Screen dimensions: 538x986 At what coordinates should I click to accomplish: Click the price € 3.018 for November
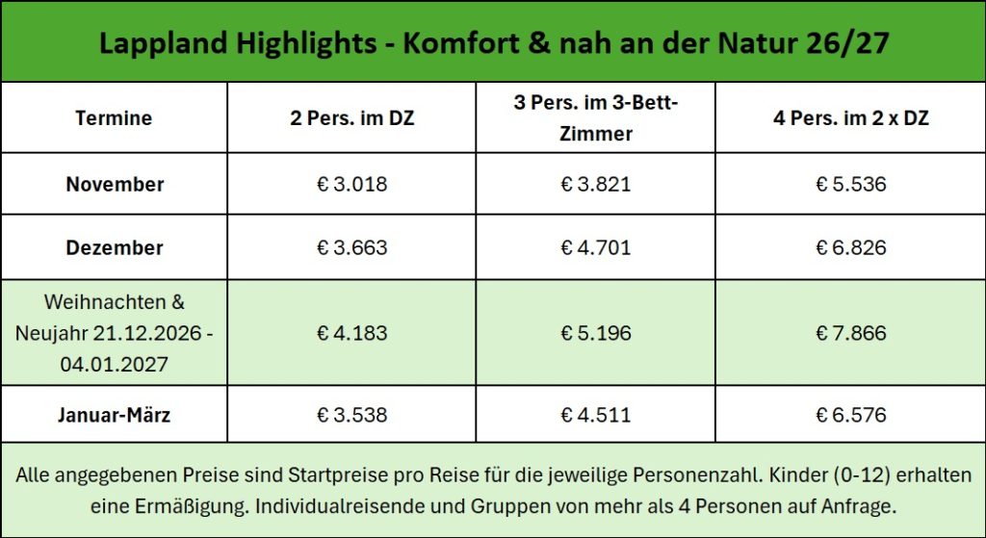point(352,184)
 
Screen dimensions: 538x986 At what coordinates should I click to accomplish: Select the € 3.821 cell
point(596,184)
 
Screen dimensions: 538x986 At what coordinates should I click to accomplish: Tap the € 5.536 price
point(851,184)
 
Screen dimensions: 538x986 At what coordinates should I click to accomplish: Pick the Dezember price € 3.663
point(352,247)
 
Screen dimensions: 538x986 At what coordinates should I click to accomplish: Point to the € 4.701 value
point(596,247)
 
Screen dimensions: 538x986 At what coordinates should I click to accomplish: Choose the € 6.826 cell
point(851,247)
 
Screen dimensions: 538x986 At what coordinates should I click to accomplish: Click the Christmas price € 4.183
point(352,333)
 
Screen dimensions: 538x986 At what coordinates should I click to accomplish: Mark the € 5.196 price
point(596,333)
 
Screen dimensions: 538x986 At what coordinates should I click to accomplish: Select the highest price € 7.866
point(851,333)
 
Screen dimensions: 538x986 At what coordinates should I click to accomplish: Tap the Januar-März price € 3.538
point(352,416)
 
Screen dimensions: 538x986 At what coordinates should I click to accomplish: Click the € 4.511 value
point(596,416)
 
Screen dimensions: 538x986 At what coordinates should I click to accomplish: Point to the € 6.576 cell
point(851,416)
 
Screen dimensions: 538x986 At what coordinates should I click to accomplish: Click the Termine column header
point(114,118)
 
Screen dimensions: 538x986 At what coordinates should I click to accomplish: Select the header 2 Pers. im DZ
point(351,118)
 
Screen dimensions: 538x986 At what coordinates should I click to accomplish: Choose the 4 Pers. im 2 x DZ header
point(851,118)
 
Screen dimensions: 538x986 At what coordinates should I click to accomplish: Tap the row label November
point(115,184)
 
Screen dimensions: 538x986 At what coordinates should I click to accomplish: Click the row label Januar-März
point(115,416)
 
